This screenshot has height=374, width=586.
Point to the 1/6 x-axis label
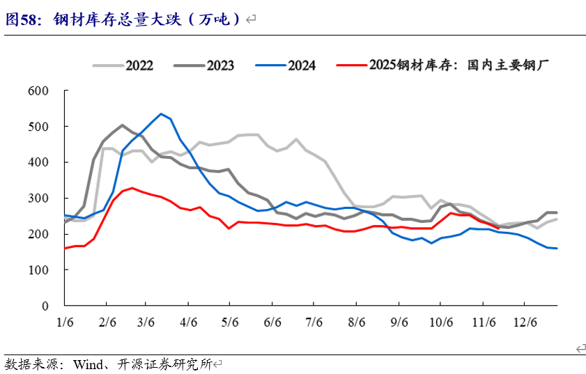pos(64,323)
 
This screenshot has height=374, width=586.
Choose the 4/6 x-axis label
pos(189,323)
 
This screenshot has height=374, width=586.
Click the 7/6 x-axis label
pos(314,323)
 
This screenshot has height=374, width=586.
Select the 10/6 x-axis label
pos(439,323)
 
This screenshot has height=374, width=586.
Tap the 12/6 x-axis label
pos(524,323)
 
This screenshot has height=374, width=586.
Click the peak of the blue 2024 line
pos(161,114)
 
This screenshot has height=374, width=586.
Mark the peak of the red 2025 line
pos(132,188)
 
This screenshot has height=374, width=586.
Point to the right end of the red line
pos(499,226)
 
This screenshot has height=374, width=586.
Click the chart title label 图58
pos(21,20)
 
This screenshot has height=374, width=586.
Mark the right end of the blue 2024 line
pos(557,248)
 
